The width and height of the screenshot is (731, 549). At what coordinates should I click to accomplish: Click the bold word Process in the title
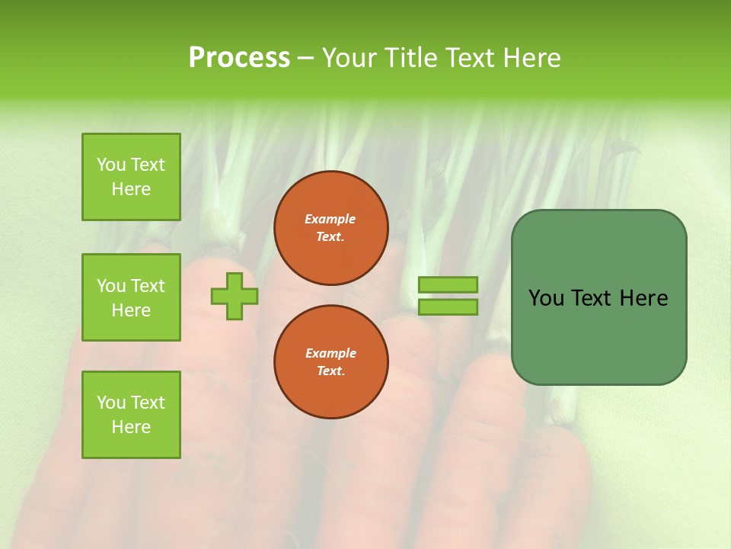239,58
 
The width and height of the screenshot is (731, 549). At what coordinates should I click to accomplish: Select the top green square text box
131,177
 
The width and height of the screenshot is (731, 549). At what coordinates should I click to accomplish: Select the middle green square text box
131,297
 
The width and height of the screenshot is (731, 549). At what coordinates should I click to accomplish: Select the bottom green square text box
131,415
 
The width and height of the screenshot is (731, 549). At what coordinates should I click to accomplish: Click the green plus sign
235,296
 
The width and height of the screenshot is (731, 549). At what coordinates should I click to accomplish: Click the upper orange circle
331,228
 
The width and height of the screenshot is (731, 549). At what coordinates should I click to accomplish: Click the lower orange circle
331,362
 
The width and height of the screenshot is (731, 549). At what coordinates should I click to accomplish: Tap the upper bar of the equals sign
448,285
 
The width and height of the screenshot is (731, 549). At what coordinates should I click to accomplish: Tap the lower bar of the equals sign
448,307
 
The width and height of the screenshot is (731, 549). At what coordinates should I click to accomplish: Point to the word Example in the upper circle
330,219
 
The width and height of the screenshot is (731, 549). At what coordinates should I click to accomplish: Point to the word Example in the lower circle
330,353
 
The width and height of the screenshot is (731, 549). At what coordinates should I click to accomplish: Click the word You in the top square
111,165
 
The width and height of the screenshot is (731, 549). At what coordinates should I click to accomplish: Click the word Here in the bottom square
131,427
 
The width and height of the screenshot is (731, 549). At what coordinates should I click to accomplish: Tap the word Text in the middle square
147,286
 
